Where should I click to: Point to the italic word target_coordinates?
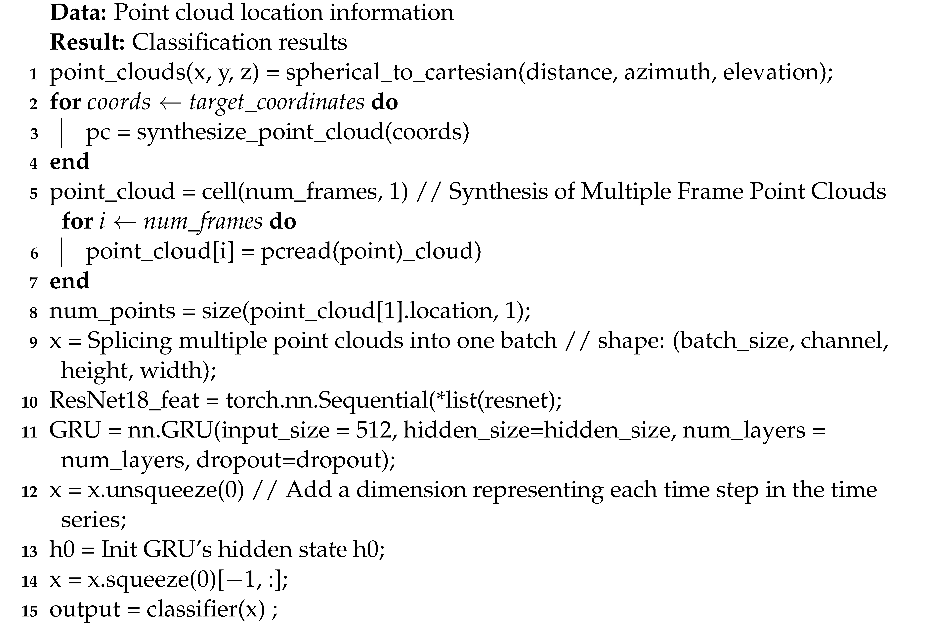tap(277, 102)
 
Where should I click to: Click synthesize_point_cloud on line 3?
tap(260, 132)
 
